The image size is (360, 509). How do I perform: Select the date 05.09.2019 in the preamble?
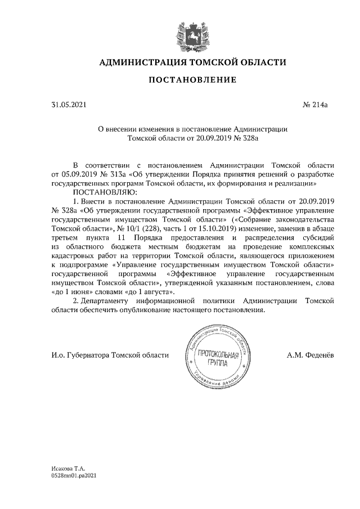(81, 175)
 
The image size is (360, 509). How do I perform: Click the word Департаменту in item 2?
(106, 301)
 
